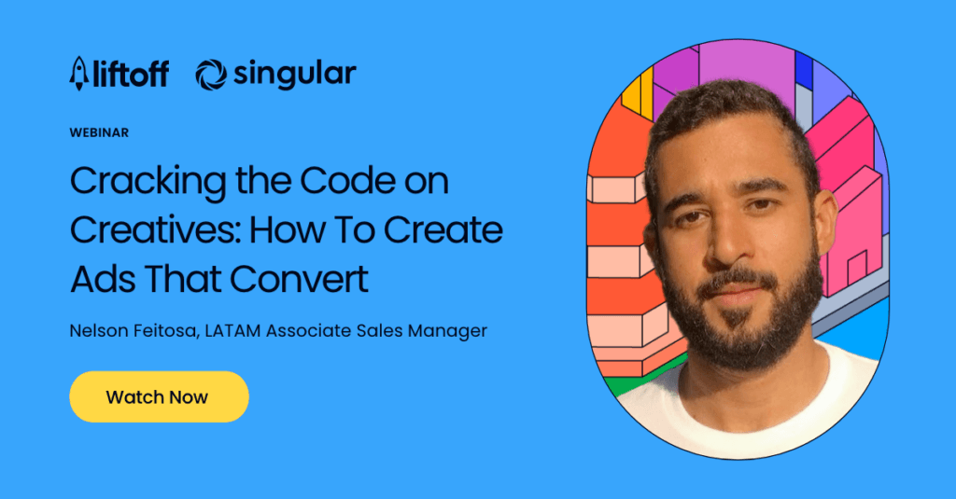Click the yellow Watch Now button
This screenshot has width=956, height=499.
pos(159,396)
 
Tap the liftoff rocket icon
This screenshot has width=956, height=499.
pos(79,73)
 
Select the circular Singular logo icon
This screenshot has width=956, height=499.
pos(211,75)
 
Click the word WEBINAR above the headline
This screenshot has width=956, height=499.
pos(99,132)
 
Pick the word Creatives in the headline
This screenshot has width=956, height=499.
pos(156,229)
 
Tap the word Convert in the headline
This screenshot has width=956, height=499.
pos(299,279)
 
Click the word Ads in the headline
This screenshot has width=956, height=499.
pos(103,279)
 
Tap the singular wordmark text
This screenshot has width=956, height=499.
pos(294,76)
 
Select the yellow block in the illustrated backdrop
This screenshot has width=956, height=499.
pos(640,94)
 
